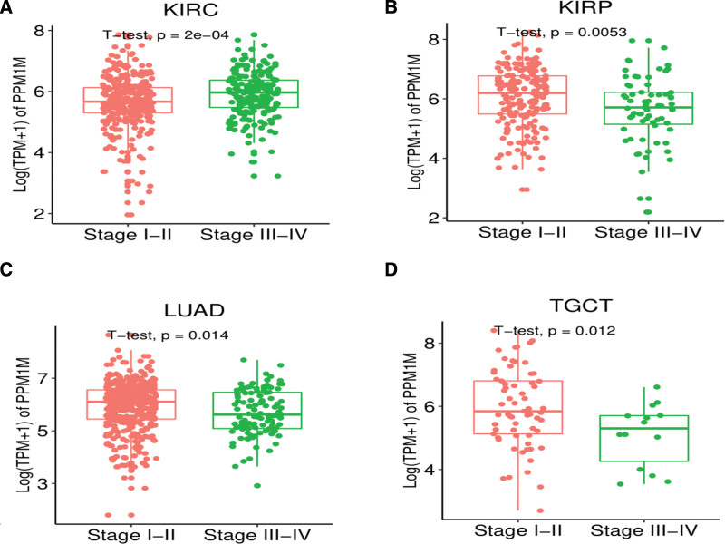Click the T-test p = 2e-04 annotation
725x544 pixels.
171,37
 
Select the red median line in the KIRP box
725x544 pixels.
527,93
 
